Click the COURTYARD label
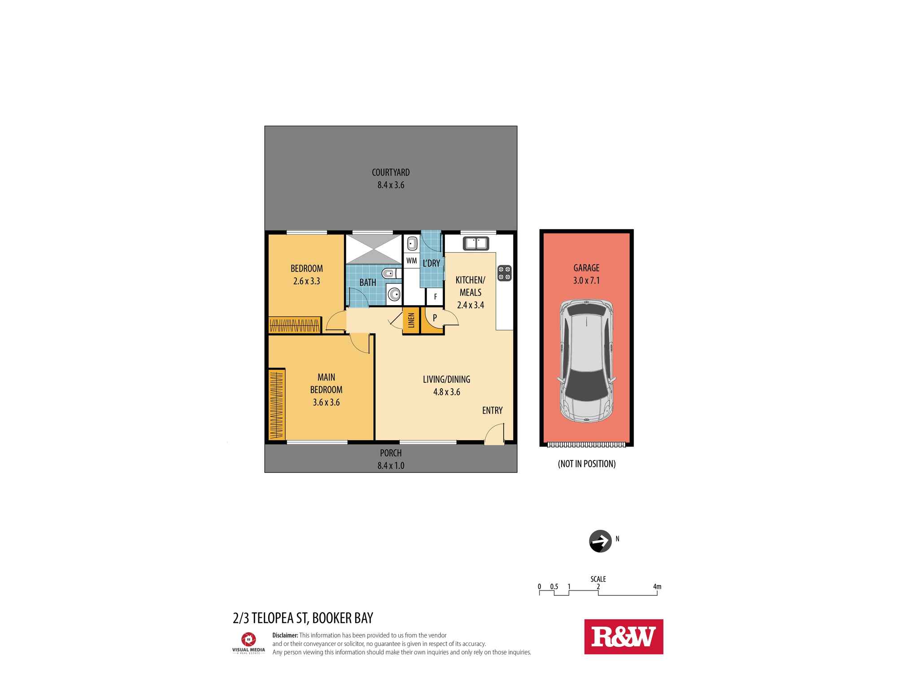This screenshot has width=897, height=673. tap(391, 172)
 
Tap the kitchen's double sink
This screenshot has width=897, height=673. tap(476, 243)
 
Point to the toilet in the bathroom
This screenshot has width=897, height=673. tap(391, 273)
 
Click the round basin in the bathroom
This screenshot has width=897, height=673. tap(394, 294)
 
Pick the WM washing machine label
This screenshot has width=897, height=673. tap(411, 261)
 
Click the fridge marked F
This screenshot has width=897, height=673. tap(435, 297)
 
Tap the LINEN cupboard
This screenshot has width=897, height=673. tap(411, 321)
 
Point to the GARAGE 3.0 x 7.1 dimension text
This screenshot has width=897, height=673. tap(586, 280)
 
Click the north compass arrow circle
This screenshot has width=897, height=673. tap(600, 541)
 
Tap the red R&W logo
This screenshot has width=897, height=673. tap(623, 637)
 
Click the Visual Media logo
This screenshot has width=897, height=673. tap(248, 642)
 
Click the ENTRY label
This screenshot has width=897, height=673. tap(492, 410)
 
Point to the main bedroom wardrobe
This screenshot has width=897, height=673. tap(277, 405)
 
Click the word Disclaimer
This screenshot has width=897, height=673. tap(285, 635)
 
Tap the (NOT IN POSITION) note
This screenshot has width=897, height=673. tap(586, 464)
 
